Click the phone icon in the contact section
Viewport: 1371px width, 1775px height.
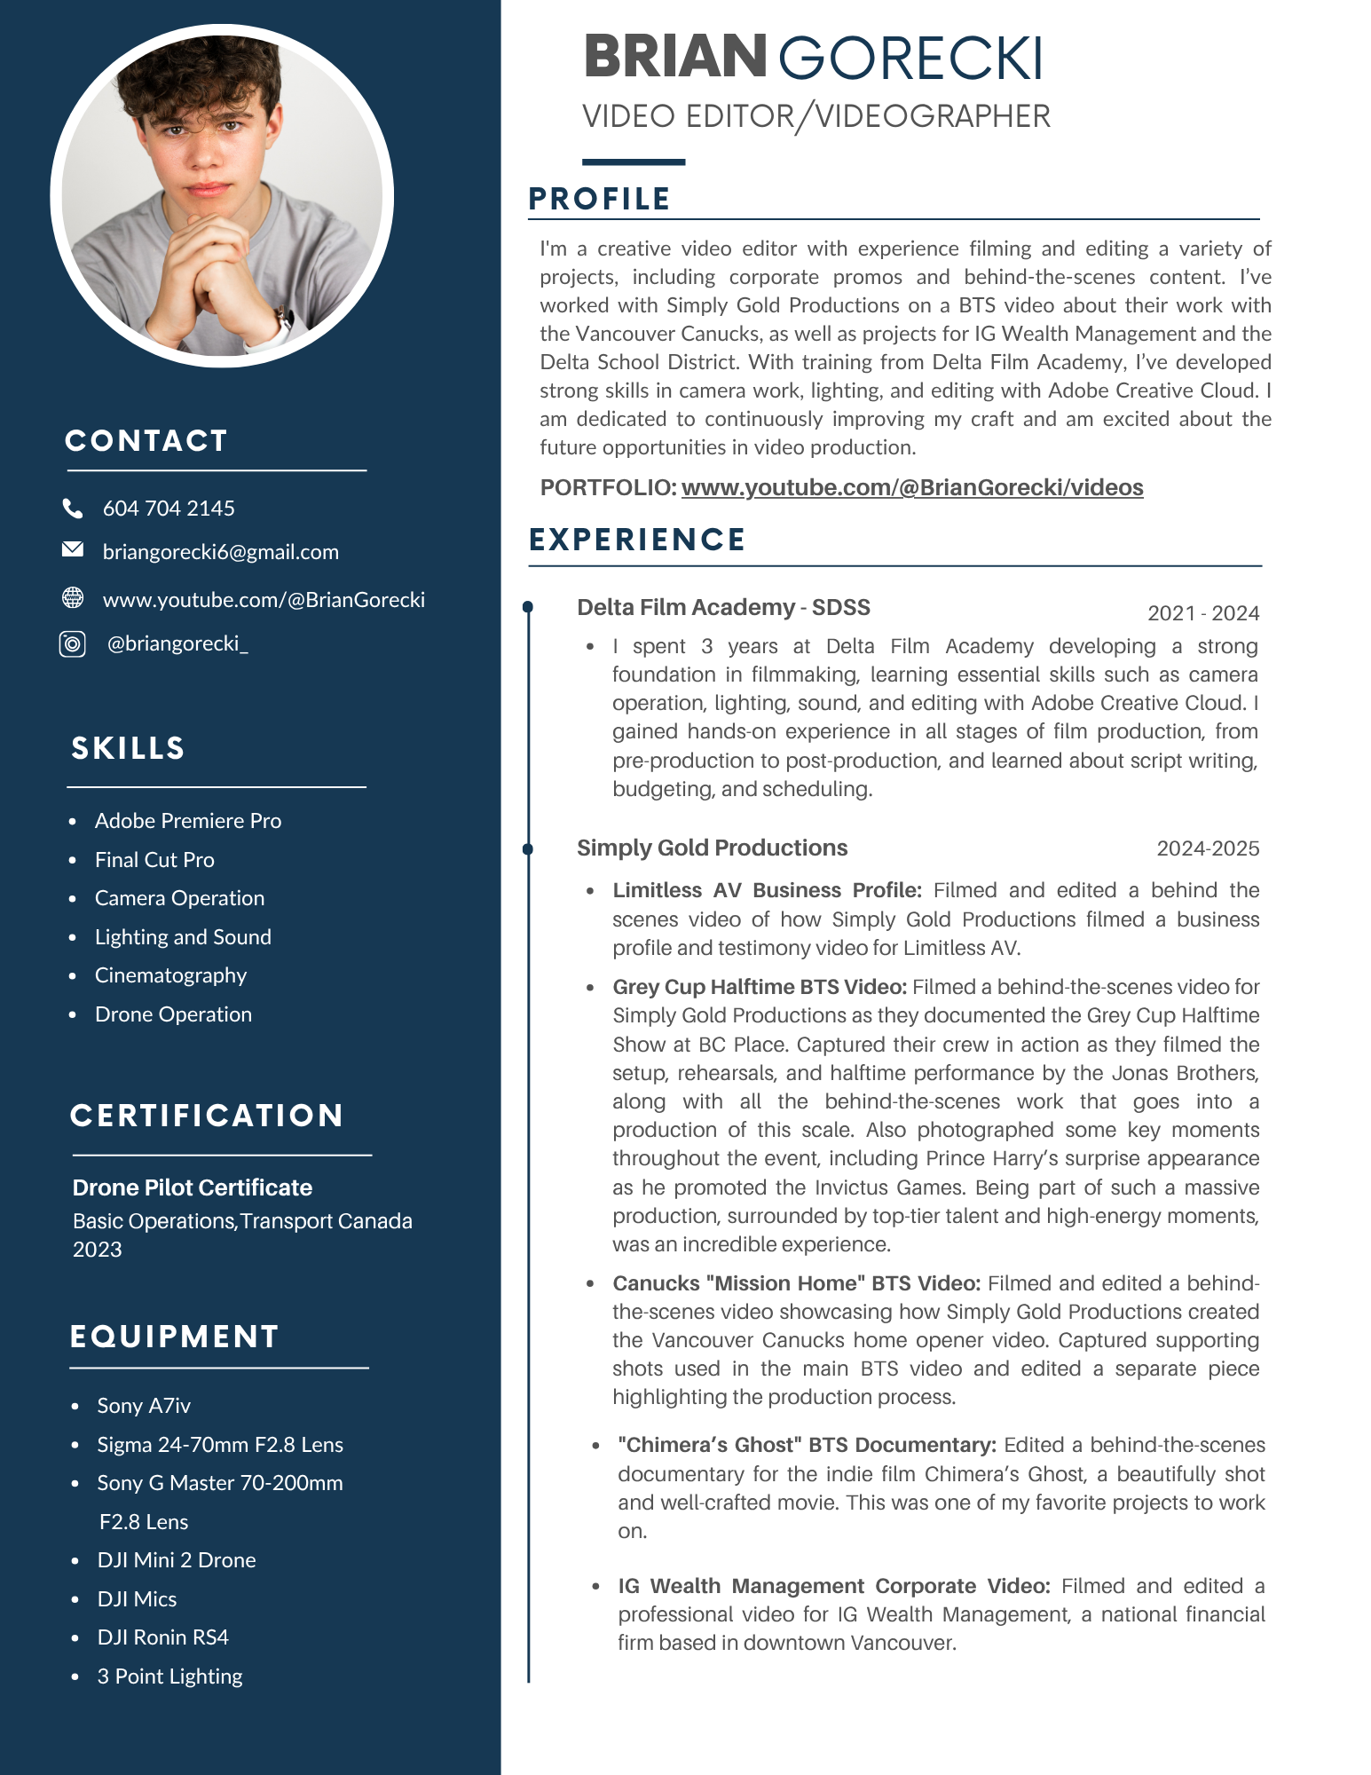point(73,509)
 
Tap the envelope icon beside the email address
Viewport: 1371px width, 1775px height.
point(73,550)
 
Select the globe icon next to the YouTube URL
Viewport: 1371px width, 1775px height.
point(73,598)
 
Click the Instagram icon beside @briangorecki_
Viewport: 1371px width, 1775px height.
point(73,643)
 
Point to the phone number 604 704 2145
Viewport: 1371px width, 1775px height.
point(169,509)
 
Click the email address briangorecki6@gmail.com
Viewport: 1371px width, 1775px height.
point(221,552)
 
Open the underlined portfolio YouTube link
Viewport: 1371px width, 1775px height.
point(911,487)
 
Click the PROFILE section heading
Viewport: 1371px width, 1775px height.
point(599,199)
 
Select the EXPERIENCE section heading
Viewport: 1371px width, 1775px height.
point(637,540)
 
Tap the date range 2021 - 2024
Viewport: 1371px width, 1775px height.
point(1202,613)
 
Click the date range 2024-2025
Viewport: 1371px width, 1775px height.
point(1207,848)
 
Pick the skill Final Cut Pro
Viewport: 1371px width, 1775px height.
point(154,860)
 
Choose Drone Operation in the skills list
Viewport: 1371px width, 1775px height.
point(173,1014)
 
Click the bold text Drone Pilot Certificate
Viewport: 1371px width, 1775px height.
point(193,1187)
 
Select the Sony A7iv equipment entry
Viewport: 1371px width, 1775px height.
point(144,1406)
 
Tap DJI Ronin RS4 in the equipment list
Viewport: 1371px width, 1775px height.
point(162,1637)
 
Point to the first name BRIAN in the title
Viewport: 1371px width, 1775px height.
point(674,57)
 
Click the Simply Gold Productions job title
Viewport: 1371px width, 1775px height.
point(712,848)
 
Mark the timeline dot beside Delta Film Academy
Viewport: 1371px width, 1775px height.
point(528,607)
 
